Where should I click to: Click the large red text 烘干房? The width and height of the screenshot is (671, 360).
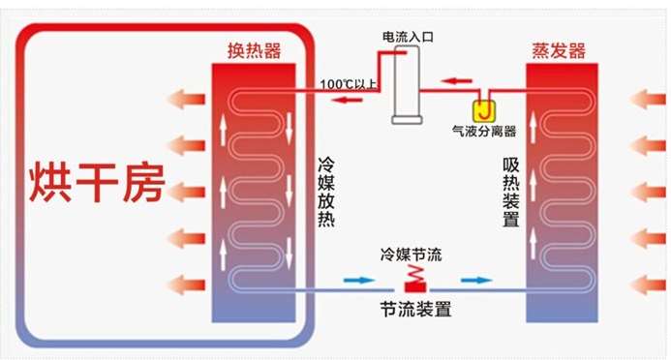pyautogui.click(x=97, y=182)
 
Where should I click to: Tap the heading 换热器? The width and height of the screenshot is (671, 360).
pyautogui.click(x=255, y=51)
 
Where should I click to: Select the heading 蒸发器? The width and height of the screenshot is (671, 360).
pyautogui.click(x=559, y=51)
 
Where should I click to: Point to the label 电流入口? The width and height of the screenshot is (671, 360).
pyautogui.click(x=408, y=37)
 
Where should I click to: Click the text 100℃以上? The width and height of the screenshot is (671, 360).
pyautogui.click(x=349, y=84)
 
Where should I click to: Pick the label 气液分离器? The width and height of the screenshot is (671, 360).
pyautogui.click(x=484, y=131)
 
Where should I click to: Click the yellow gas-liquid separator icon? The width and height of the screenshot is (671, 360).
pyautogui.click(x=484, y=111)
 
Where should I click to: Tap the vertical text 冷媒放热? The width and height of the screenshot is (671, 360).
pyautogui.click(x=326, y=192)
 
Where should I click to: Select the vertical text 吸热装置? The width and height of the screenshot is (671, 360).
pyautogui.click(x=511, y=193)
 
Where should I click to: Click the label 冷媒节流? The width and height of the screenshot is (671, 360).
pyautogui.click(x=411, y=255)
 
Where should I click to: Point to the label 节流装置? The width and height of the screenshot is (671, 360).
pyautogui.click(x=415, y=309)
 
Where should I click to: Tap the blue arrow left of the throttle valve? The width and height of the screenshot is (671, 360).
pyautogui.click(x=358, y=281)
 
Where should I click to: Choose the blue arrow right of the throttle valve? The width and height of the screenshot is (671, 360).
pyautogui.click(x=476, y=281)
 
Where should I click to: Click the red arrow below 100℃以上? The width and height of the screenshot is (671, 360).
pyautogui.click(x=348, y=100)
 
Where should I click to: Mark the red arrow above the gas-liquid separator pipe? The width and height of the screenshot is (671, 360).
pyautogui.click(x=456, y=80)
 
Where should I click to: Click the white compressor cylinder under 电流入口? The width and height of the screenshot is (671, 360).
pyautogui.click(x=407, y=85)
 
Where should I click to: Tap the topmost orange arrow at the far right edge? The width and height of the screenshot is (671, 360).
pyautogui.click(x=648, y=99)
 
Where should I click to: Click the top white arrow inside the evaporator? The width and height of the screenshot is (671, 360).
pyautogui.click(x=533, y=127)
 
